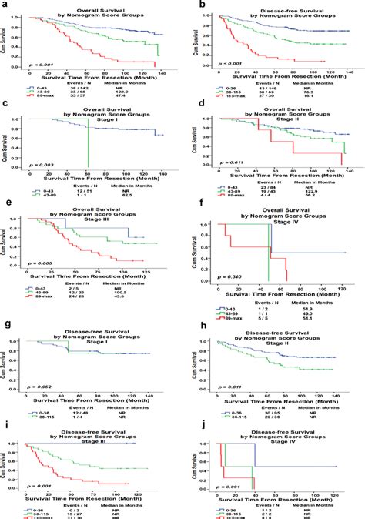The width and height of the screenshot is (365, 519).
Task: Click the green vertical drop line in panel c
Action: point(89,139)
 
